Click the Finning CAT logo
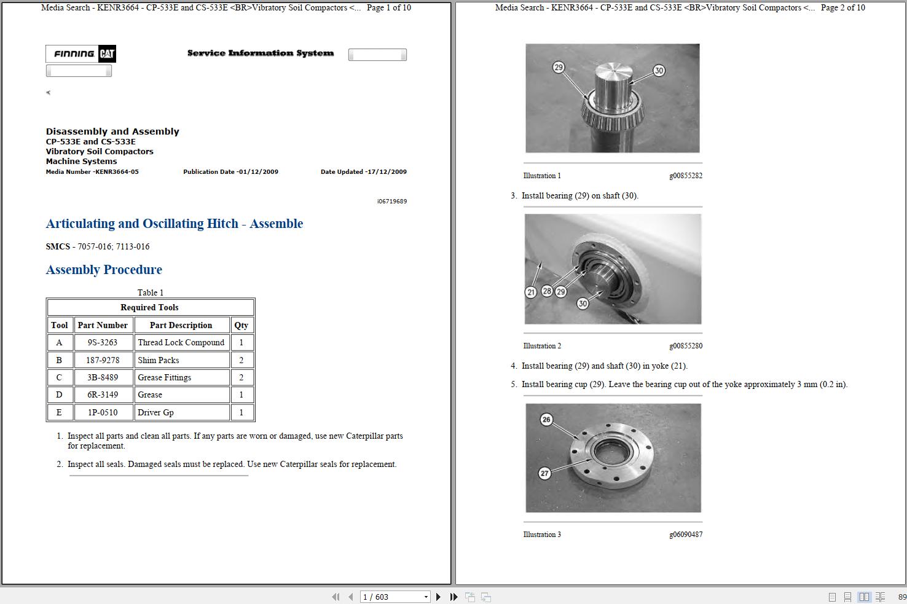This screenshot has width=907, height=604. (x=80, y=54)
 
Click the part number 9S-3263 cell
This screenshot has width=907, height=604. (x=102, y=343)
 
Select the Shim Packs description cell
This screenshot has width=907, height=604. (x=159, y=360)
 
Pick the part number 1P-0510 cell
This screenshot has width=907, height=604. (x=102, y=412)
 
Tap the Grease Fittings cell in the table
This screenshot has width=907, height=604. (x=164, y=377)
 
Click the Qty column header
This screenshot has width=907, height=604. (x=241, y=325)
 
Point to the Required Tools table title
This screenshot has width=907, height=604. (x=150, y=307)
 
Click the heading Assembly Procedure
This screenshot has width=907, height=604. (x=104, y=270)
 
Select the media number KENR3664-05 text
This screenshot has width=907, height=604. (x=92, y=172)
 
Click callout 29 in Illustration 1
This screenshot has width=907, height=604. (x=559, y=68)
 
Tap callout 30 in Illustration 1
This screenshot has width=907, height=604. (x=659, y=71)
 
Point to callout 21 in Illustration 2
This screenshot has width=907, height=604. (x=532, y=292)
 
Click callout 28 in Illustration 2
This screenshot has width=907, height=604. (x=547, y=291)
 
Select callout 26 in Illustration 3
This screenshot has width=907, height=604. (x=546, y=420)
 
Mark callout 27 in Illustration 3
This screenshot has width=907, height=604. (x=544, y=473)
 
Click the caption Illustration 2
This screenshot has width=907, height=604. (x=542, y=346)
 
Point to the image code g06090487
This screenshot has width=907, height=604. (x=686, y=535)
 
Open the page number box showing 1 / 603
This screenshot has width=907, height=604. (x=394, y=597)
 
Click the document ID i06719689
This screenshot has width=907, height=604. (x=392, y=202)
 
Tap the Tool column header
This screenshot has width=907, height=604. (x=60, y=325)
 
